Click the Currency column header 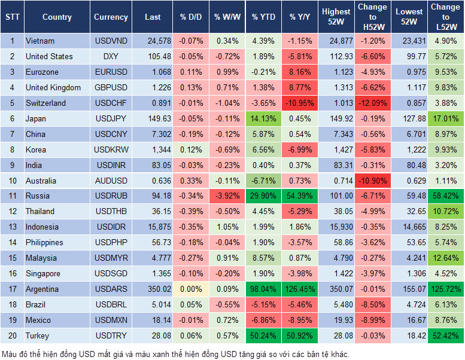(111, 17)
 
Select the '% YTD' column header (264, 17)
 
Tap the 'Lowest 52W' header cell (410, 17)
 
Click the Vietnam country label (40, 41)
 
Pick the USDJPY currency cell (111, 118)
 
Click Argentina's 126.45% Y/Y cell (300, 289)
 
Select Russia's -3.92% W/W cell (227, 196)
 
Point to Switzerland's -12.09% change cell (373, 103)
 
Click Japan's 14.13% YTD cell (264, 118)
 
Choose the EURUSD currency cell (111, 72)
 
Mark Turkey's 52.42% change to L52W (445, 335)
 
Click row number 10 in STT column (12, 181)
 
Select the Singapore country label (43, 273)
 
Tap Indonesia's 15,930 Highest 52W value (336, 227)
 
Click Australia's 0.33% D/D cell (190, 181)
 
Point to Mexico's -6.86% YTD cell (264, 320)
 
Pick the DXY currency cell (111, 56)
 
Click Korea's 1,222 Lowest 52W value (410, 150)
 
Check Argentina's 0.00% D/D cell (190, 289)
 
